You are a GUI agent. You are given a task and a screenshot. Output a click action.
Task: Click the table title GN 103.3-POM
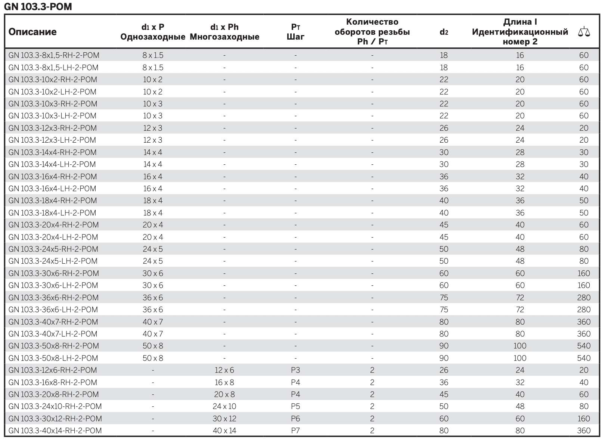(x=38, y=6)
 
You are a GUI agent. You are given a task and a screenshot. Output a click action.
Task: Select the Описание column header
(x=32, y=32)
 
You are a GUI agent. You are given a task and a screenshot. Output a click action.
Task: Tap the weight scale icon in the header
(x=584, y=32)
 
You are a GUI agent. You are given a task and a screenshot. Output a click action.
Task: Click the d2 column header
(x=444, y=32)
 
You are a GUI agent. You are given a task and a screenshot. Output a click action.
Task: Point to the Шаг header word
(x=295, y=37)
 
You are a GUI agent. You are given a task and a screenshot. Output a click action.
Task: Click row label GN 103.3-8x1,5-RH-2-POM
(x=54, y=55)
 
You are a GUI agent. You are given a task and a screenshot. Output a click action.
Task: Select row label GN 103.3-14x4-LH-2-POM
(x=52, y=164)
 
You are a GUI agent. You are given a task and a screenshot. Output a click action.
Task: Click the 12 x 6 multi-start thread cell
(x=224, y=370)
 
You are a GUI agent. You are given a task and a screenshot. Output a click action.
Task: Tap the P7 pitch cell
(x=295, y=431)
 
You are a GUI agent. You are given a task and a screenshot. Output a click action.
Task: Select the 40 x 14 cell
(x=224, y=431)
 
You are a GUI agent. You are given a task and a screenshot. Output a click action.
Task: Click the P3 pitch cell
(x=295, y=370)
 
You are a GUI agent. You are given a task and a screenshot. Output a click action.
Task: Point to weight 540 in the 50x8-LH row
(x=584, y=358)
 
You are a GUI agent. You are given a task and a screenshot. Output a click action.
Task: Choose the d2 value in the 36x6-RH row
(x=444, y=297)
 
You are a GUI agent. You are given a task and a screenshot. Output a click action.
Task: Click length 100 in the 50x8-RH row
(x=520, y=346)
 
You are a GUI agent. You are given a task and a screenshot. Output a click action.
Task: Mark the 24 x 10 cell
(x=224, y=406)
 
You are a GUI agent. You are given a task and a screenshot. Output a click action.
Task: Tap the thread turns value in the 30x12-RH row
(x=372, y=419)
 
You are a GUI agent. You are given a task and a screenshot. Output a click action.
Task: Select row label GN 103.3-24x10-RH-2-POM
(x=55, y=406)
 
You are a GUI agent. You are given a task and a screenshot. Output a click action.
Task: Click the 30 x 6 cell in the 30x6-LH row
(x=153, y=285)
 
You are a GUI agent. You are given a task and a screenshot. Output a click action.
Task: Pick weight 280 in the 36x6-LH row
(x=584, y=309)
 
